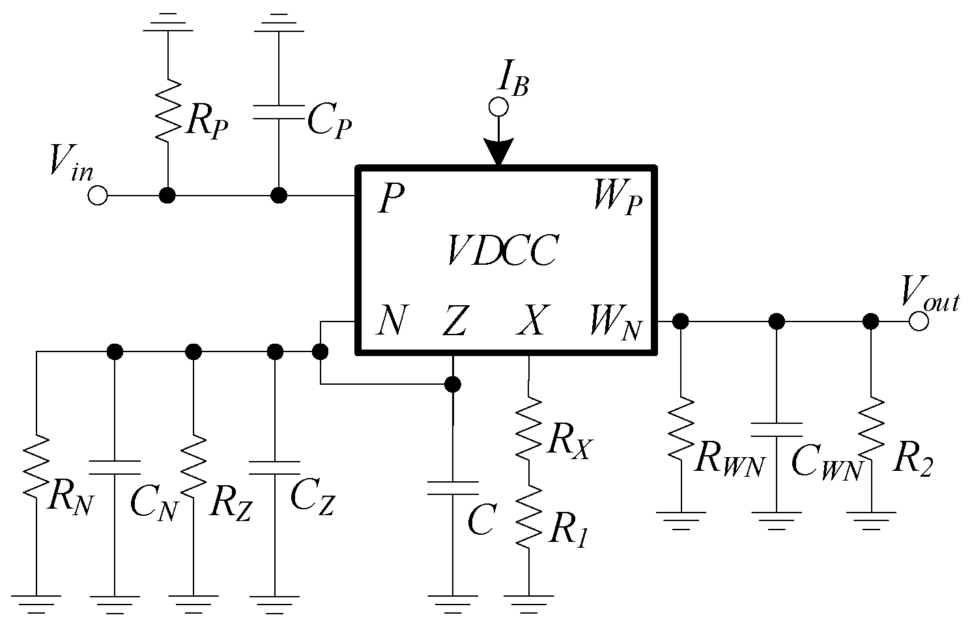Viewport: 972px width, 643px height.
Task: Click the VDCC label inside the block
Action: (x=502, y=251)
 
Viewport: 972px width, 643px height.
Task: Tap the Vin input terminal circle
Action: (x=98, y=195)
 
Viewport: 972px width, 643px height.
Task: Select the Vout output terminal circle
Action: (x=919, y=321)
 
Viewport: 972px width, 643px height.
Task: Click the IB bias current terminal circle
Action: (x=498, y=106)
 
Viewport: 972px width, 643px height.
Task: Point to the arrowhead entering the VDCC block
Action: (x=499, y=153)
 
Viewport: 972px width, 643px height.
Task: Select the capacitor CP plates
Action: (x=279, y=112)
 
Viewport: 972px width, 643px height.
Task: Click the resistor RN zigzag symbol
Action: (x=36, y=466)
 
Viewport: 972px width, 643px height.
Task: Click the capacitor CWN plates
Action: (x=776, y=428)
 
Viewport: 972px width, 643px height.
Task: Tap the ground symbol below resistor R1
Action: (x=528, y=601)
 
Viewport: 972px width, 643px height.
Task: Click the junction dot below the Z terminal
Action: (x=453, y=384)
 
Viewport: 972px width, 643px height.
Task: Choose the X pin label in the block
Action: (x=533, y=321)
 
